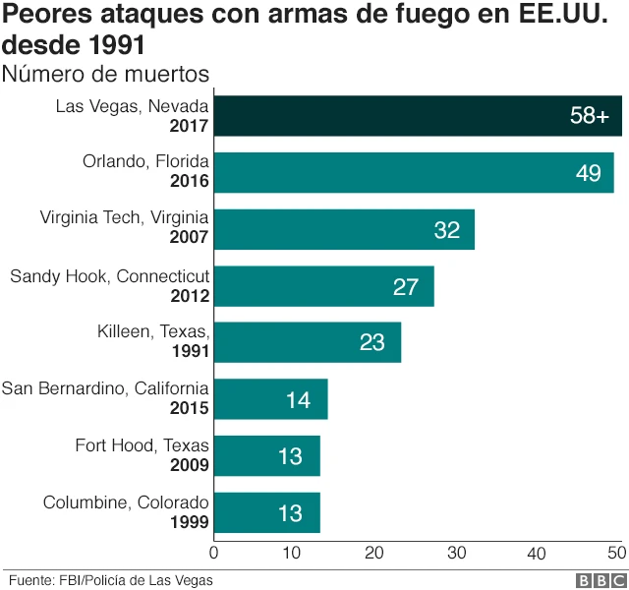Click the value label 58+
pos(590,116)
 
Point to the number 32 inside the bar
pos(447,230)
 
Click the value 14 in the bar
pos(298,400)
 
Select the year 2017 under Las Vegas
pos(189,126)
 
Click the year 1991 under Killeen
pos(189,352)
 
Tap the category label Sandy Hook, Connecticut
pos(109,276)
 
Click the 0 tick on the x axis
pos(214,553)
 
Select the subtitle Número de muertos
pos(105,74)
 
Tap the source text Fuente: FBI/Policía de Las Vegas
pos(110,579)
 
